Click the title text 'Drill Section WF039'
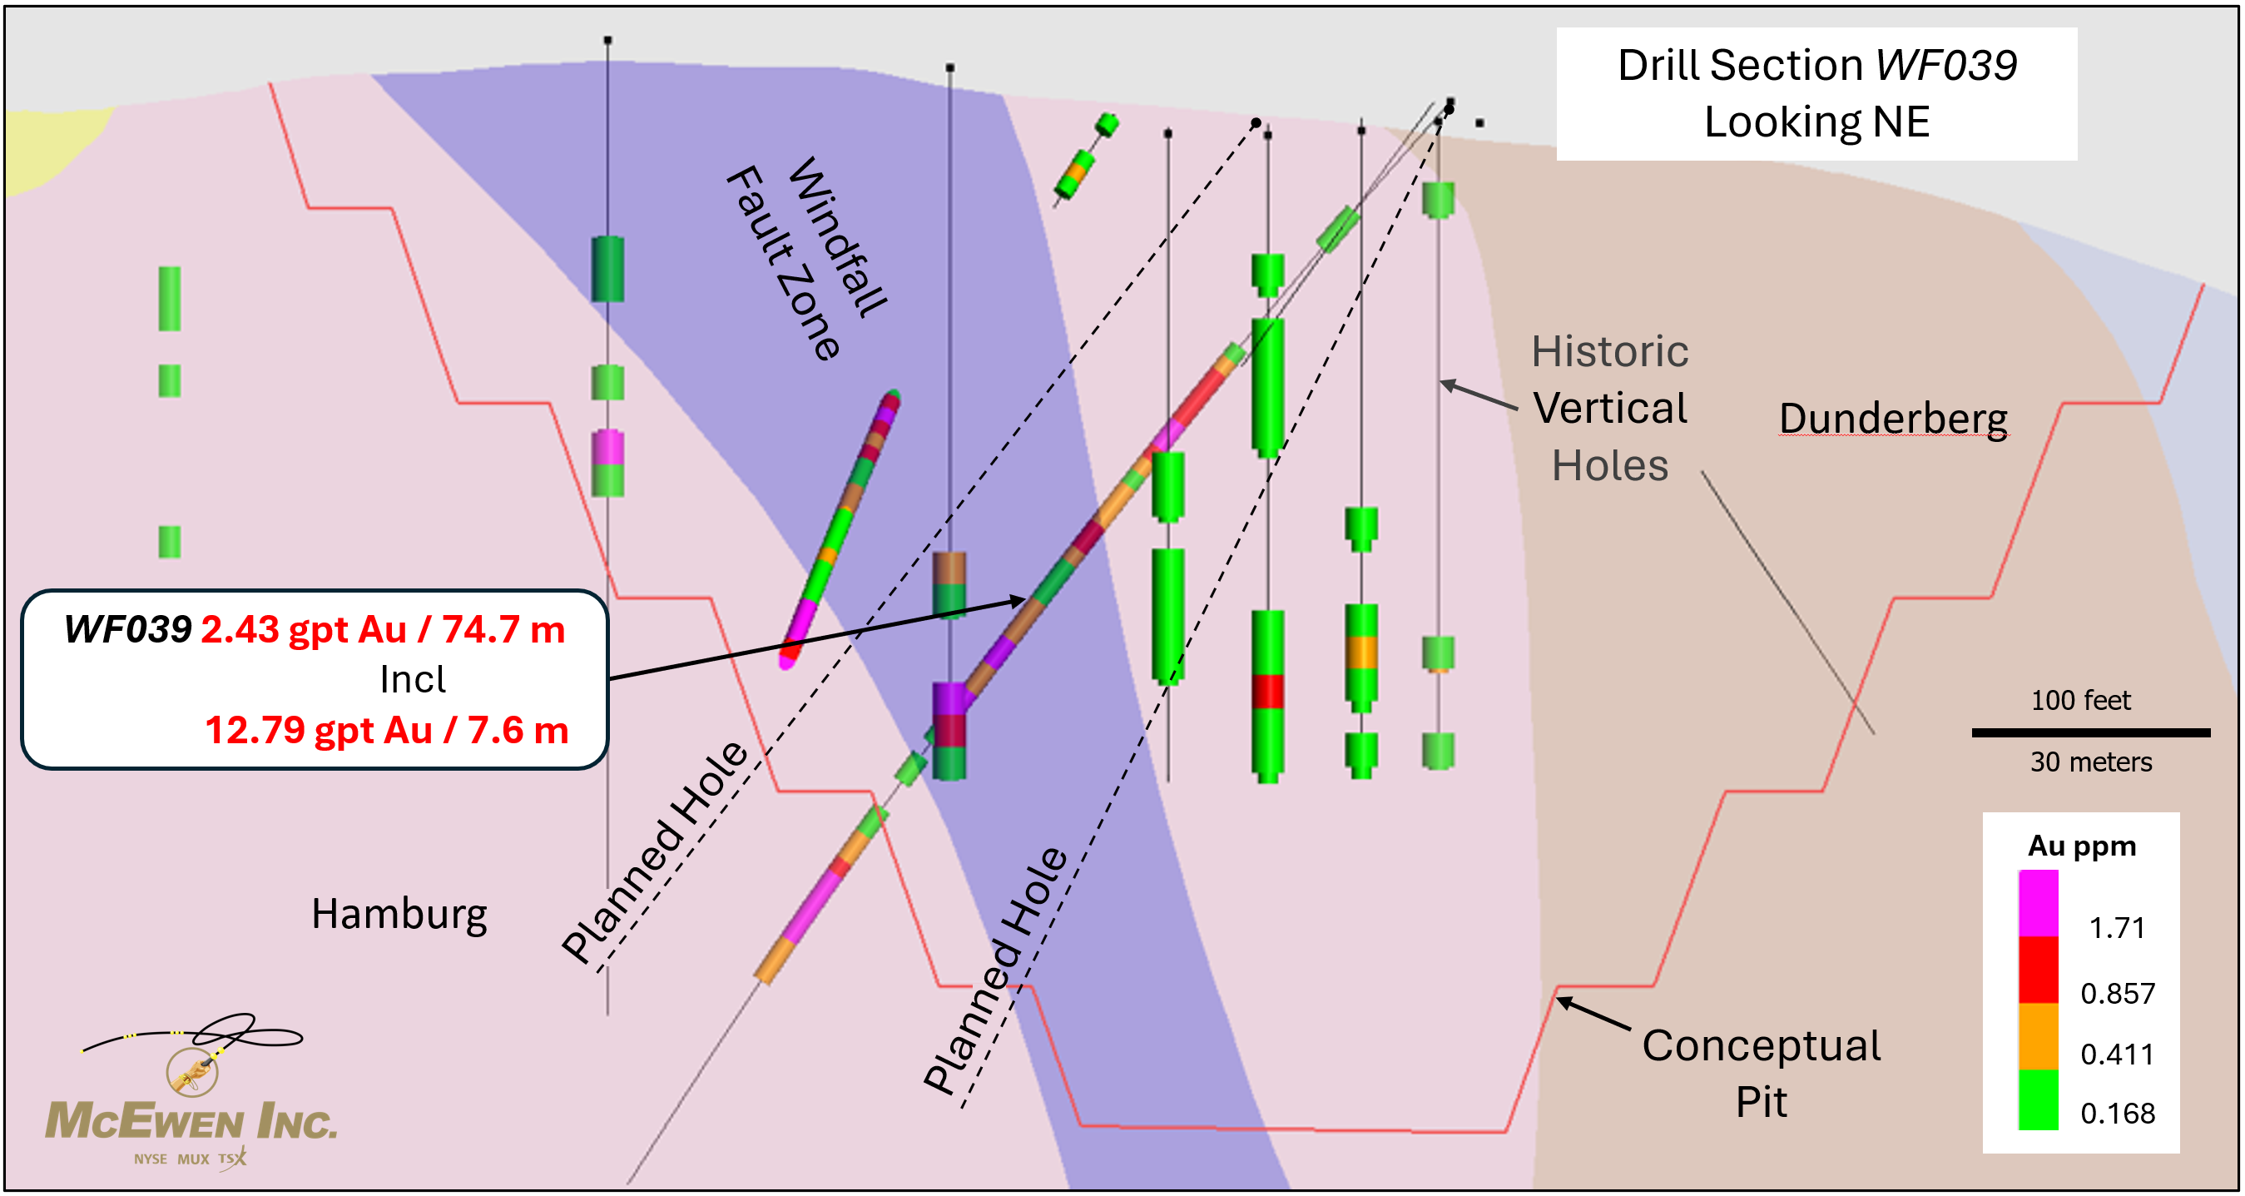click(x=1816, y=67)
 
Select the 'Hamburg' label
click(x=399, y=915)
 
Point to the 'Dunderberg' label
click(x=1893, y=419)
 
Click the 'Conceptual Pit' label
click(x=1761, y=1072)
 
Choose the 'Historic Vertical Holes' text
click(x=1608, y=408)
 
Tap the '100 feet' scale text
click(x=2080, y=700)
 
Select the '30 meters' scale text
click(x=2090, y=762)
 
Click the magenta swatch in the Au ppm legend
click(x=2038, y=903)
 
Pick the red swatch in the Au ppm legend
click(x=2038, y=970)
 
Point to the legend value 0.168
click(x=2117, y=1113)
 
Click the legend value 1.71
click(x=2117, y=927)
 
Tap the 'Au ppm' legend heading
click(x=2081, y=846)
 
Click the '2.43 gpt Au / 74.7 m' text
click(x=383, y=629)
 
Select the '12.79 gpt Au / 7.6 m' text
click(x=386, y=731)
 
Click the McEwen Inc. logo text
click(x=191, y=1121)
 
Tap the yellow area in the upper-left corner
click(x=43, y=148)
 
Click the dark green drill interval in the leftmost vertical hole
click(x=607, y=269)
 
